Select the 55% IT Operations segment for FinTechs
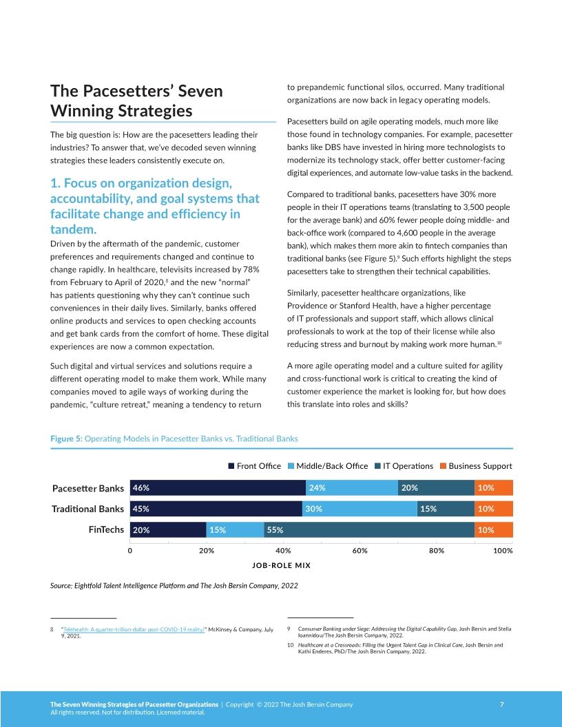[x=369, y=531]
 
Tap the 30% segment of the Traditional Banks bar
[x=360, y=509]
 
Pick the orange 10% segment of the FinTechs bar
[x=494, y=531]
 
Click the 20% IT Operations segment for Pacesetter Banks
[x=436, y=487]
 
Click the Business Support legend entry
[x=475, y=466]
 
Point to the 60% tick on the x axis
[x=360, y=551]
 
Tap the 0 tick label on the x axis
[x=130, y=551]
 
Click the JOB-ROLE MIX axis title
[x=282, y=565]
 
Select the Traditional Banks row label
[x=88, y=509]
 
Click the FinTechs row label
[x=106, y=531]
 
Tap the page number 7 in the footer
[x=501, y=704]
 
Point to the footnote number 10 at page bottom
[x=290, y=645]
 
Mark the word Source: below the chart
[x=65, y=586]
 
